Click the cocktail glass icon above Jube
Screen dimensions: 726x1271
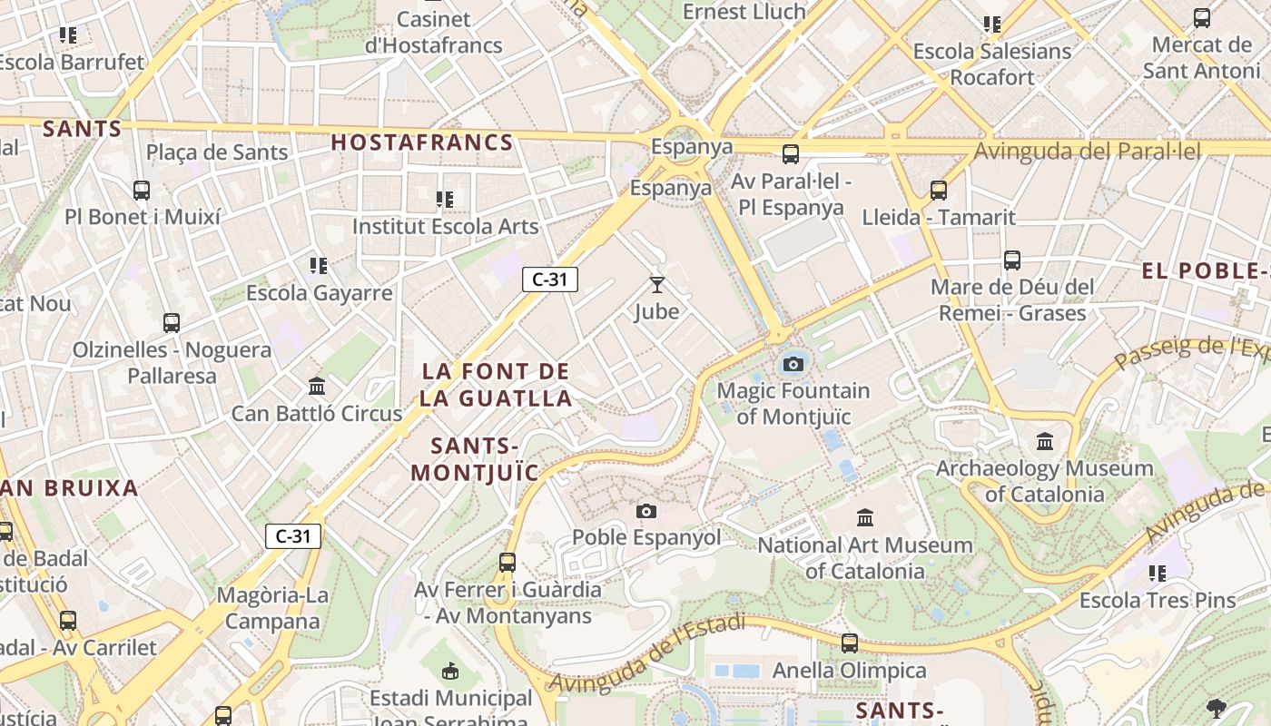657,285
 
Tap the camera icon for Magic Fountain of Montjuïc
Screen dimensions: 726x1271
793,364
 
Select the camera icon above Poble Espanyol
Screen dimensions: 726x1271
646,511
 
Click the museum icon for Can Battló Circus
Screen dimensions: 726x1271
317,387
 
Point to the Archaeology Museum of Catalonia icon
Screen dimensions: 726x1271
1045,442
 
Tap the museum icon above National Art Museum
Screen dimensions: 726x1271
865,518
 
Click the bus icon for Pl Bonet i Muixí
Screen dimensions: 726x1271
142,191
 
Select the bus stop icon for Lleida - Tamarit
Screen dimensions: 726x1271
939,191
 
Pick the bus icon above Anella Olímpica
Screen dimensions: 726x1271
850,643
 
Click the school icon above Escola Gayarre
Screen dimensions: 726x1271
319,266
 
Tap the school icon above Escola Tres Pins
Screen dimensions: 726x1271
1158,574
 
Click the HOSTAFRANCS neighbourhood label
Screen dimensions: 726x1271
422,142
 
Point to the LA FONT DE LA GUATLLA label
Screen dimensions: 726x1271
496,385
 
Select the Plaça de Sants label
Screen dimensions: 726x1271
217,152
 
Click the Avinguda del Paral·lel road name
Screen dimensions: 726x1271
1087,151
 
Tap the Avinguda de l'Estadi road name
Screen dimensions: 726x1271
648,652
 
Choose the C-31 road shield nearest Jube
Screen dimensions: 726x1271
550,280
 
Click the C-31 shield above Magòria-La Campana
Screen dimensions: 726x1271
293,536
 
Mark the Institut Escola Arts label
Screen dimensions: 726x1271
445,226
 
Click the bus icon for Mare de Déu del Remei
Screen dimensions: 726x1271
1012,260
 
